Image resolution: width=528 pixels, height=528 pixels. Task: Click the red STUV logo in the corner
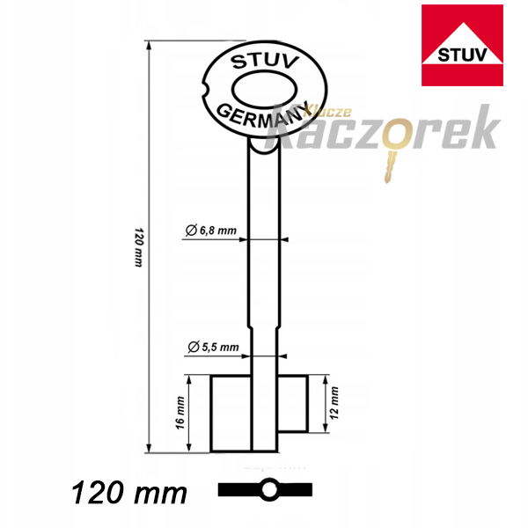coord(462,45)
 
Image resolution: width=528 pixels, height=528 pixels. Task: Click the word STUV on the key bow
coord(265,62)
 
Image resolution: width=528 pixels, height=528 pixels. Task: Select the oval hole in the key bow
coord(265,90)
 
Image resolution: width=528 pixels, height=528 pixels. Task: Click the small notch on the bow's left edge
coord(205,90)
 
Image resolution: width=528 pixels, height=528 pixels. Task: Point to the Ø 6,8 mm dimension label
coord(211,231)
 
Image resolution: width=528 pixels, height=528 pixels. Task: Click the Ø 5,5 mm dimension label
coord(213,347)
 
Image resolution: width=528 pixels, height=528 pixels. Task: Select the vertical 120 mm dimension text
coord(139,247)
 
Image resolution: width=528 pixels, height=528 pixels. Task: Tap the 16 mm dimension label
coord(180,413)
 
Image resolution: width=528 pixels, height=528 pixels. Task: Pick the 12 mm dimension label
coord(334,403)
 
